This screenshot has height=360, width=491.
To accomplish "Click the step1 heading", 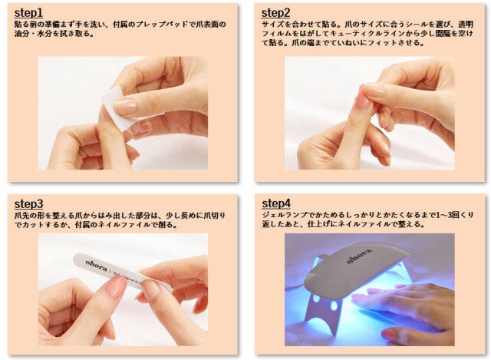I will tap(29, 13).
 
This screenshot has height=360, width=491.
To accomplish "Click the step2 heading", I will tap(275, 13).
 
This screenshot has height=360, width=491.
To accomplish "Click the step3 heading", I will tap(30, 203).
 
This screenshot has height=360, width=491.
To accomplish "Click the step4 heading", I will tap(276, 203).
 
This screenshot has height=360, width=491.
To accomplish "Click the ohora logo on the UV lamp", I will tap(358, 254).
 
